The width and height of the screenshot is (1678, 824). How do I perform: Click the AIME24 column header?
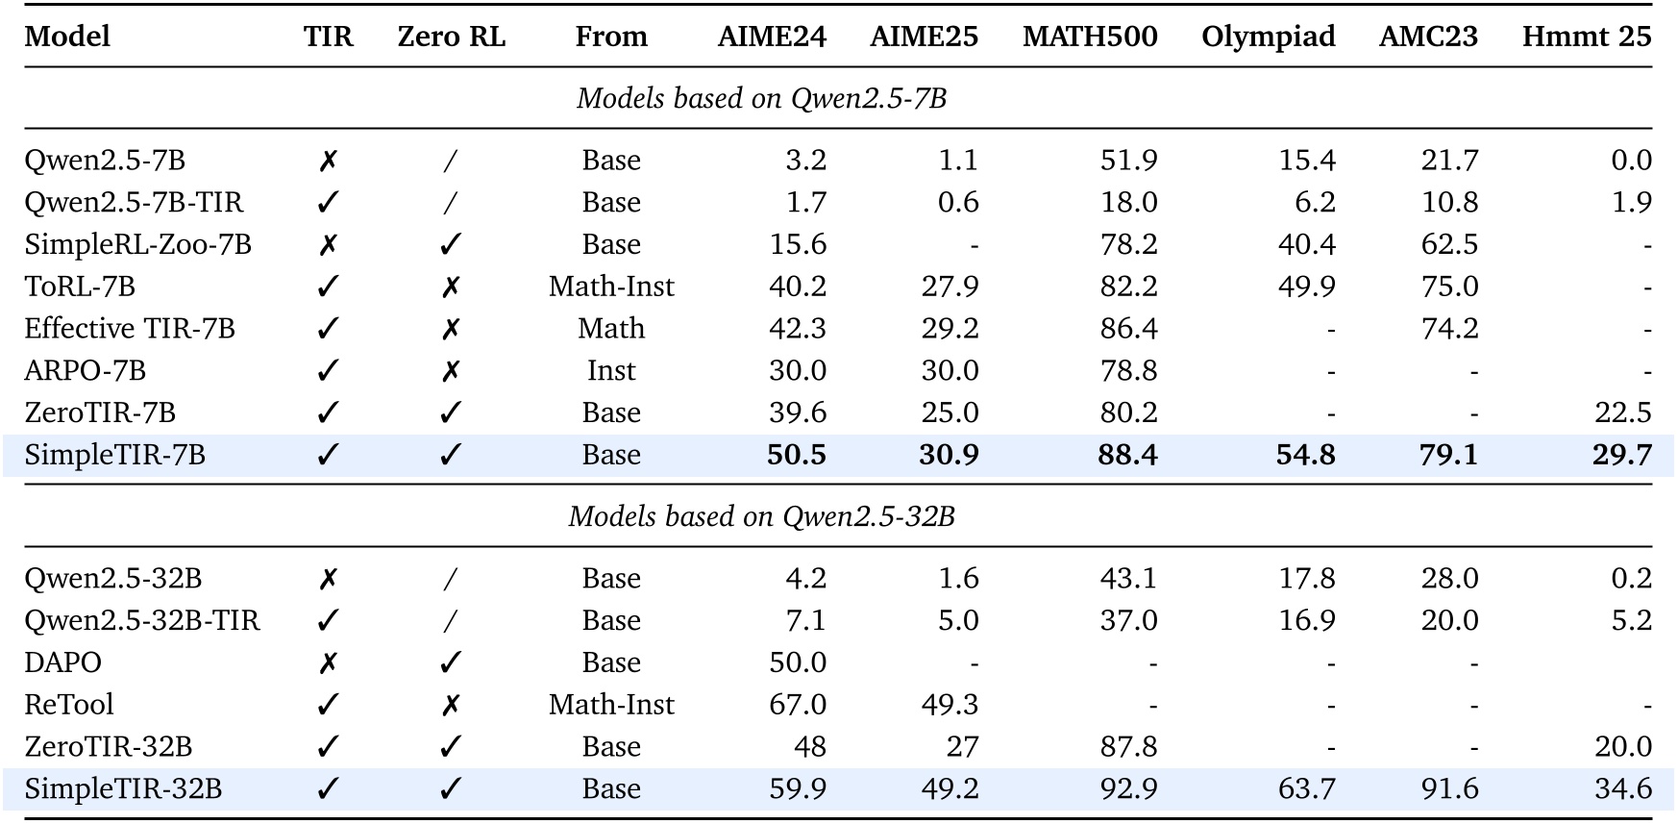(772, 37)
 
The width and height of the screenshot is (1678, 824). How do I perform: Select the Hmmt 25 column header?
(1586, 37)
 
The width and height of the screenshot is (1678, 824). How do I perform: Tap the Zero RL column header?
(451, 37)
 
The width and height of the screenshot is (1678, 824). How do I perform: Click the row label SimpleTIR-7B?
(114, 455)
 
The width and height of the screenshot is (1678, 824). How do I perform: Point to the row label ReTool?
(69, 705)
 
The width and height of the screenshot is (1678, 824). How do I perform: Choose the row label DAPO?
(62, 662)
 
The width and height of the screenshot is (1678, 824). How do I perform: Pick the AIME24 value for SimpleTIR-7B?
(796, 455)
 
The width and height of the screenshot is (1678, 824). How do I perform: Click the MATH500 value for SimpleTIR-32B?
(1128, 789)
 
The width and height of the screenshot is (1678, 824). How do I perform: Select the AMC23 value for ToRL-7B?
(1449, 287)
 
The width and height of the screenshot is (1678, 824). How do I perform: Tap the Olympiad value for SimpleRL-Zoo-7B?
(1306, 244)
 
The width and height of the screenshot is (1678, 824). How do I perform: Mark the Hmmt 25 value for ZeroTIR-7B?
(1622, 412)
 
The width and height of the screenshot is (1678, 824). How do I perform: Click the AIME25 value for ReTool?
(950, 705)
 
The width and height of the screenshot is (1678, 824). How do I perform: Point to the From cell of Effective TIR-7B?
(611, 329)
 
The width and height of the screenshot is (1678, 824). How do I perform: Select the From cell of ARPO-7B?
(611, 371)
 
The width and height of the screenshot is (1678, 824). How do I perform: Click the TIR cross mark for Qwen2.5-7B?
(328, 161)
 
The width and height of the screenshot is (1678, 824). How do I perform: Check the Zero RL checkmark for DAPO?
(451, 662)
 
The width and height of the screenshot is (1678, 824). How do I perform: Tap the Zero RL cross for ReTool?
(451, 705)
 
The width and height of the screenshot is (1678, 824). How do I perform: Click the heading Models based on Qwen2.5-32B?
(761, 516)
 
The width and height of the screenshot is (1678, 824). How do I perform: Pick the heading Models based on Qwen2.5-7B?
(761, 98)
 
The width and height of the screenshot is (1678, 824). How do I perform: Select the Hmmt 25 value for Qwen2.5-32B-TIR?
(1631, 620)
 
